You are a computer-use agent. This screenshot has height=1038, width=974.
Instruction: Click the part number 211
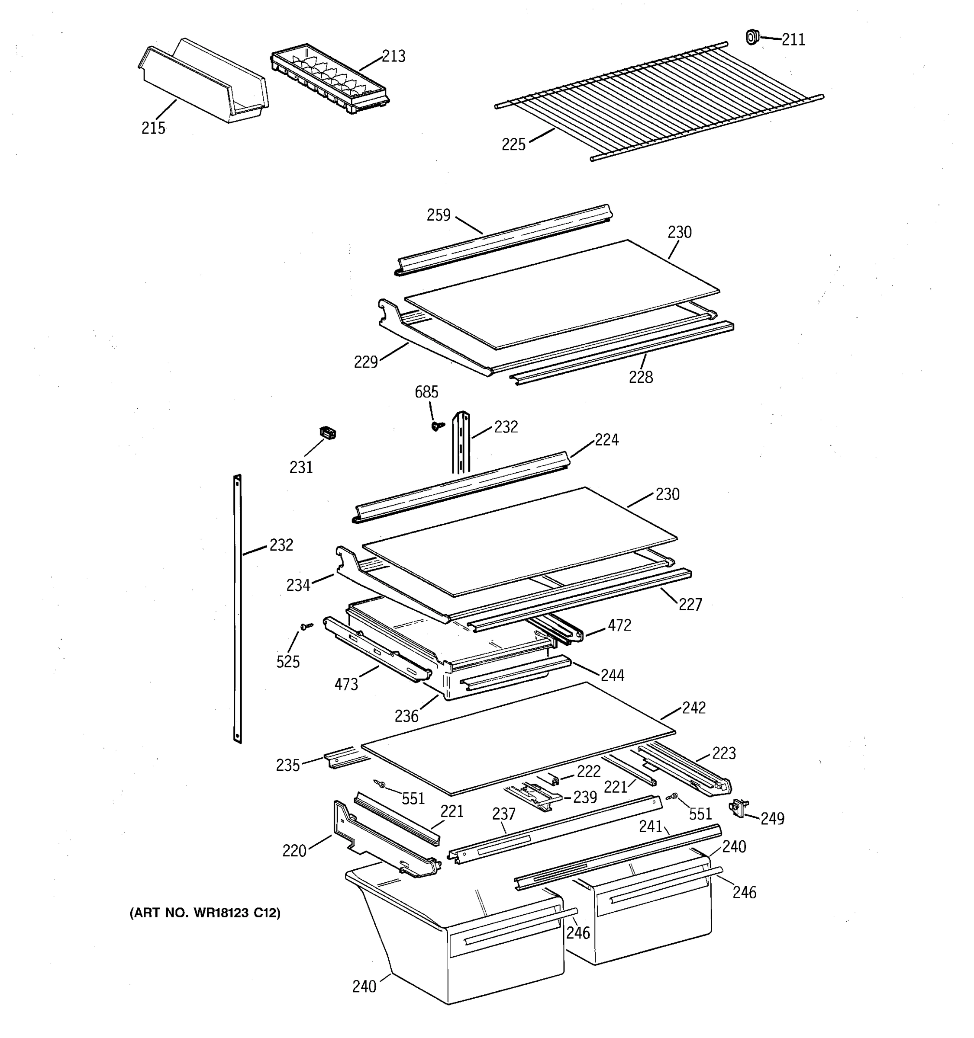(793, 40)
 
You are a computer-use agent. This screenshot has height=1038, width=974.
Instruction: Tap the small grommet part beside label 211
(751, 37)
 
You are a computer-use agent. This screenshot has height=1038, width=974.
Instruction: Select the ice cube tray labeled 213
(329, 78)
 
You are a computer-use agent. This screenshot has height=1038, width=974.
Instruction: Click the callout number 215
(153, 128)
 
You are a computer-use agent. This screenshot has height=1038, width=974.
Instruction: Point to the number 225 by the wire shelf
(513, 144)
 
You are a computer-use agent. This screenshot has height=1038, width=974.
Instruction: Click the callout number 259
(439, 215)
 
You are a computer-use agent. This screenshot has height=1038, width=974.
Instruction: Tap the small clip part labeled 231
(328, 432)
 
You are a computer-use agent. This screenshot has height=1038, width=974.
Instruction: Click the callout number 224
(606, 440)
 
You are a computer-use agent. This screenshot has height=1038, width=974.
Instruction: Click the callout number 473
(346, 684)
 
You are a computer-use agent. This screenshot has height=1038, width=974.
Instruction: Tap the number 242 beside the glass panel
(693, 708)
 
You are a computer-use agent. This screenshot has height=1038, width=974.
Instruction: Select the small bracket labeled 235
(339, 759)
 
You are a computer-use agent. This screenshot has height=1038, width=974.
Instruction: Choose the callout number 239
(585, 797)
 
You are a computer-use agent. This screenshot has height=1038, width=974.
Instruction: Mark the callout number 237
(504, 814)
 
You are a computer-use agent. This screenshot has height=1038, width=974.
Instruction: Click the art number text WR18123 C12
(205, 913)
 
